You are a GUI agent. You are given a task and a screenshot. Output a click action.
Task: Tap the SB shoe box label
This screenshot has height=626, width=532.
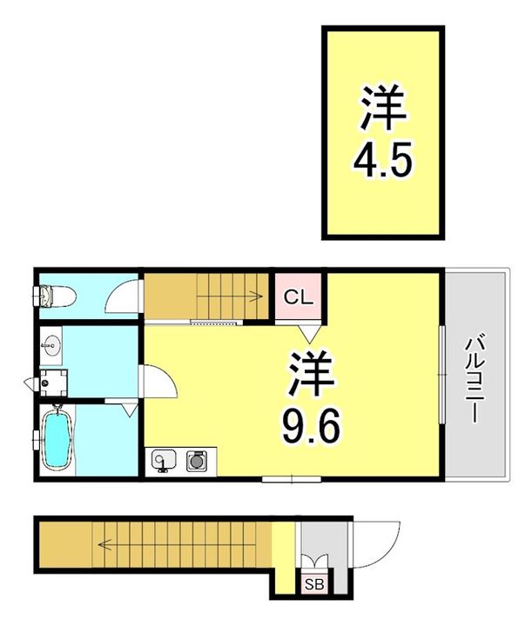coord(312,584)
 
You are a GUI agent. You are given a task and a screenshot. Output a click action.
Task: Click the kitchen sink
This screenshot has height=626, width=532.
coord(163,459)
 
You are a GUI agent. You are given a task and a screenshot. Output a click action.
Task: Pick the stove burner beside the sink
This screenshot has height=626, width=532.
coord(196,459)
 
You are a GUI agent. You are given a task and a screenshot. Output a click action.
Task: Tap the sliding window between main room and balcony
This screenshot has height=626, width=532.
coord(441,374)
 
